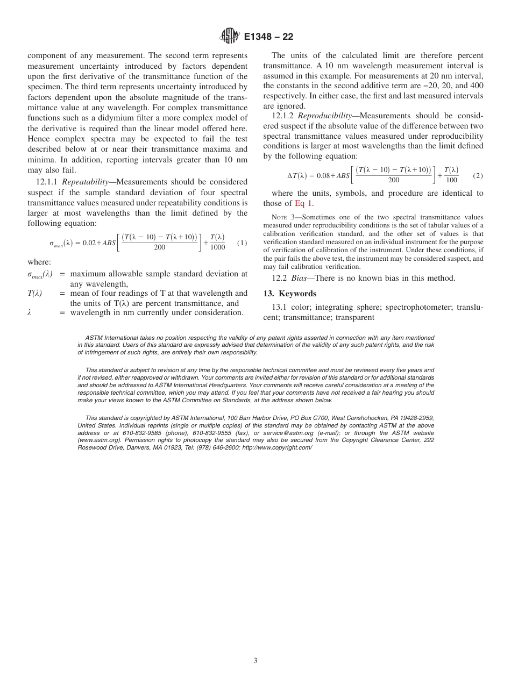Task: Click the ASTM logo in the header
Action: click(x=231, y=37)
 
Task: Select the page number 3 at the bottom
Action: click(x=256, y=661)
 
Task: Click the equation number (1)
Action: click(x=242, y=243)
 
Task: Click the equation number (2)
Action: click(x=478, y=175)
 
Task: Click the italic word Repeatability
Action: click(x=84, y=182)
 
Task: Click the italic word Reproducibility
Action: click(x=323, y=116)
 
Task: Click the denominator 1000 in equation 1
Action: click(x=218, y=247)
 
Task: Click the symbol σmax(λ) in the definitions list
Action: click(x=40, y=274)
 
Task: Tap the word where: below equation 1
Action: click(x=39, y=262)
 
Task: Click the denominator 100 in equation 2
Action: click(x=451, y=180)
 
